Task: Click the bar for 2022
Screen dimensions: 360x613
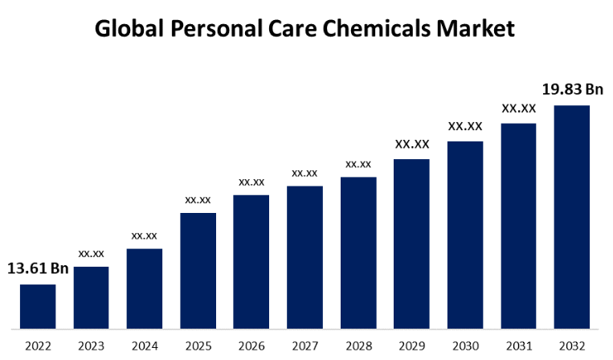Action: [x=38, y=306]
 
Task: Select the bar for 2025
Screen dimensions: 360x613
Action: [x=198, y=271]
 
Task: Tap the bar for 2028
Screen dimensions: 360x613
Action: [x=358, y=252]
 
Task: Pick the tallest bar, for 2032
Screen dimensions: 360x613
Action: [x=571, y=217]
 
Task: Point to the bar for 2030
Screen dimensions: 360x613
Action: [x=465, y=235]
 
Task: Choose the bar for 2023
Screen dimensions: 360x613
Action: [x=91, y=297]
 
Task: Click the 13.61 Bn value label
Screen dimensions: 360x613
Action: [x=38, y=268]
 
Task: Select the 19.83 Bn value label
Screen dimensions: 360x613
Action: [x=572, y=89]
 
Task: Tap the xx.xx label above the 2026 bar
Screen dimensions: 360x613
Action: [x=251, y=182]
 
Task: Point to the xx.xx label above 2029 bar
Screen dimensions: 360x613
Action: [x=412, y=145]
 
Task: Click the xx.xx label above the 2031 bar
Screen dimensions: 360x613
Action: [x=518, y=108]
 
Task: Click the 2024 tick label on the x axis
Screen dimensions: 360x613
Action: [x=145, y=346]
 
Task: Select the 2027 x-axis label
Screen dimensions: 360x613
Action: [x=304, y=346]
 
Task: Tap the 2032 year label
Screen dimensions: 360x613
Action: [x=571, y=346]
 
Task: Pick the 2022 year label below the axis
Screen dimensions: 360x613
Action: [x=38, y=346]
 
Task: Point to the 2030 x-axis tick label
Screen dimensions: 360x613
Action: [x=465, y=346]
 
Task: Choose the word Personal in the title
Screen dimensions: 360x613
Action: [x=209, y=29]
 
